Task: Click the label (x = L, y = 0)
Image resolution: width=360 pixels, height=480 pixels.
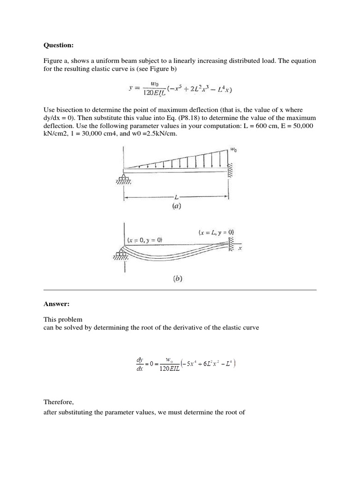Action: pos(216,232)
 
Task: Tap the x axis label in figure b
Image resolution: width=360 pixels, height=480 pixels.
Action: pos(240,248)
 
